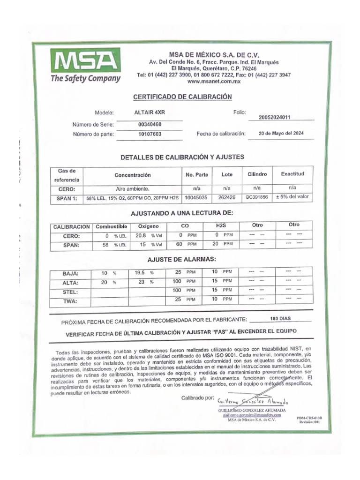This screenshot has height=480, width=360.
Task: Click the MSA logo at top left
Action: click(85, 66)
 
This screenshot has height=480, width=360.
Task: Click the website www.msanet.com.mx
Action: click(213, 81)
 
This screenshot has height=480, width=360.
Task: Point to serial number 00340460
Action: click(150, 125)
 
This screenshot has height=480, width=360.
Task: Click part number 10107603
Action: click(150, 135)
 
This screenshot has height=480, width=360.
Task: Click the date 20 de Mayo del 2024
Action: click(281, 134)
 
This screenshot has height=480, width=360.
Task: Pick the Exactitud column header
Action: click(292, 174)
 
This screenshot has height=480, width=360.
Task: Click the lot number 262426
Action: click(226, 197)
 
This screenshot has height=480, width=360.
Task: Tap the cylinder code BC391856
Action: click(257, 197)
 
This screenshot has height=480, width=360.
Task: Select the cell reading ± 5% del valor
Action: click(292, 197)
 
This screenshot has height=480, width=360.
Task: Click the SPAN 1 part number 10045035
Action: click(196, 198)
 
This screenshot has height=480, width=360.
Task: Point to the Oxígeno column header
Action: click(149, 226)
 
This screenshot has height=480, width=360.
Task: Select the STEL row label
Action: click(70, 292)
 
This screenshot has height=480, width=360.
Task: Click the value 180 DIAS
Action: click(280, 319)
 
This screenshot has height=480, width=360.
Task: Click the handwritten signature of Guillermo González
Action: click(253, 402)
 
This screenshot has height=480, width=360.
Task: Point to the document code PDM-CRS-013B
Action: click(309, 417)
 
